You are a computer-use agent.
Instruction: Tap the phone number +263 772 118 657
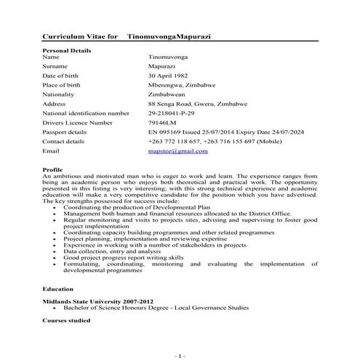(x=177, y=141)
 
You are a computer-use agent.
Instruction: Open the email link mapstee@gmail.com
(x=177, y=151)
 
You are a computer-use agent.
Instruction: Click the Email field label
(x=51, y=151)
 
